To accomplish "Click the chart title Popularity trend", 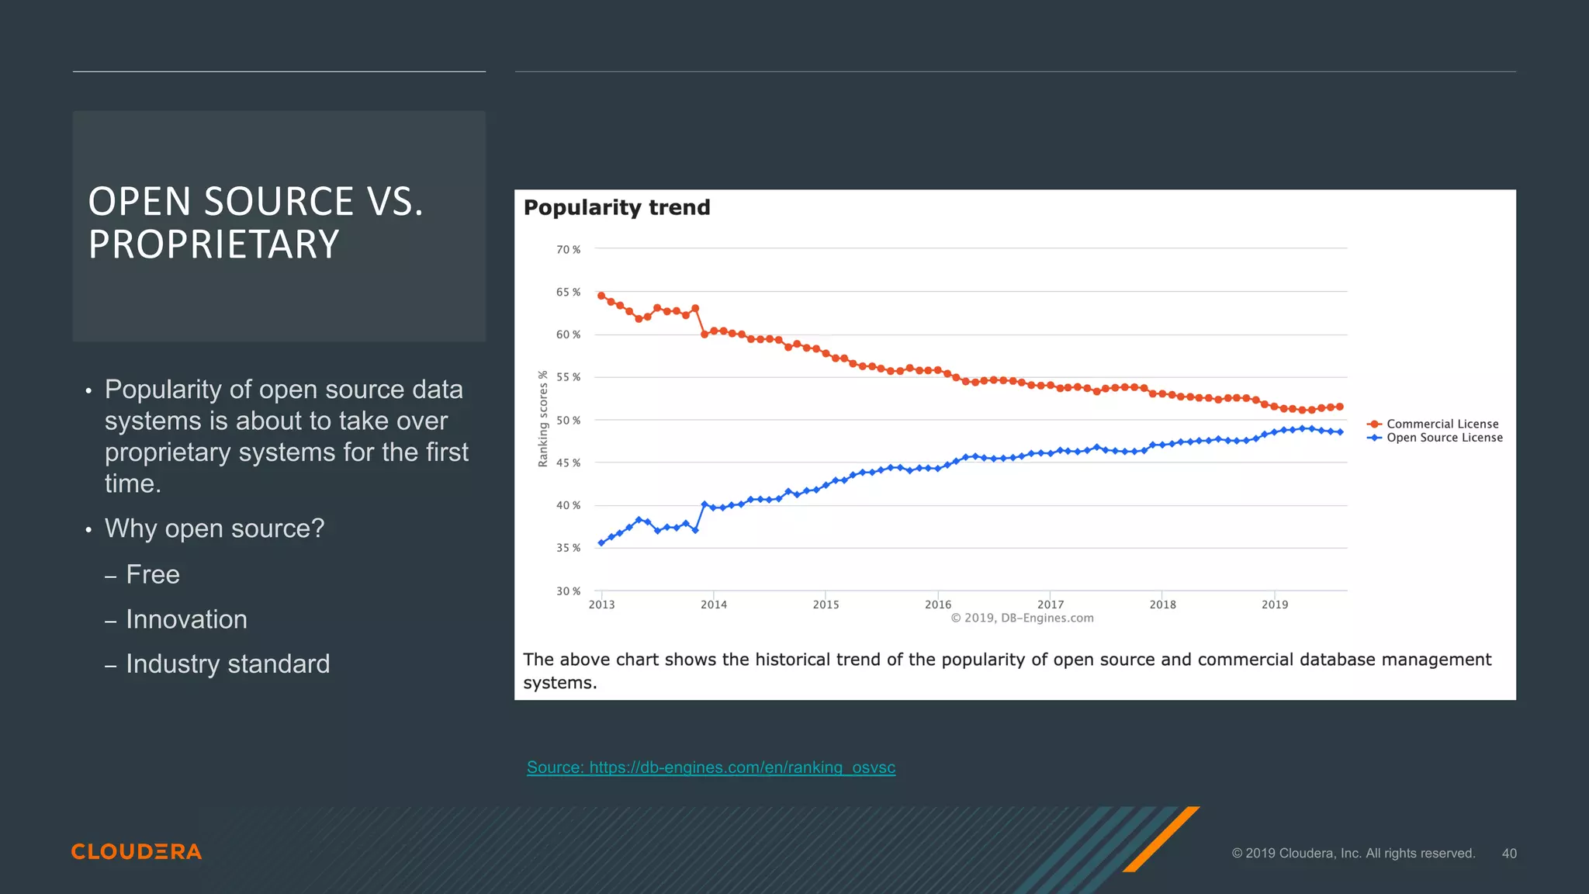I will (x=617, y=208).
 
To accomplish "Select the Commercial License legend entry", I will (x=1442, y=424).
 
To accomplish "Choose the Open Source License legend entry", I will (x=1444, y=438).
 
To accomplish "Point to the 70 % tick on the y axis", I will (x=568, y=250).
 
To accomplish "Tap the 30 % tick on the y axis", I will (x=568, y=591).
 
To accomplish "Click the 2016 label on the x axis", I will (x=937, y=605).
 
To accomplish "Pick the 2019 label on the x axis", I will (x=1274, y=605).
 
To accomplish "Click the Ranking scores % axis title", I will (x=543, y=419).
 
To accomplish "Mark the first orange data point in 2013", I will (x=601, y=296).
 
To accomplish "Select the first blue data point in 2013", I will (x=601, y=543).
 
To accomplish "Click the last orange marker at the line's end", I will (x=1340, y=407).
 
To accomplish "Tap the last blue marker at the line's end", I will (x=1340, y=432).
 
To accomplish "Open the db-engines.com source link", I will (x=711, y=768).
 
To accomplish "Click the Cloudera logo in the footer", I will (x=137, y=852).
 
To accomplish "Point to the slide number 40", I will (x=1508, y=854).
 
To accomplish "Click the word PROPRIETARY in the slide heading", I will (x=214, y=244).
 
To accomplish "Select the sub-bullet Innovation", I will (x=186, y=619).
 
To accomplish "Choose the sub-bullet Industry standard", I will (x=227, y=664).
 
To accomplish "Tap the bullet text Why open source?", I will (x=214, y=528).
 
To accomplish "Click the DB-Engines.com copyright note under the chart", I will (x=1022, y=619).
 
